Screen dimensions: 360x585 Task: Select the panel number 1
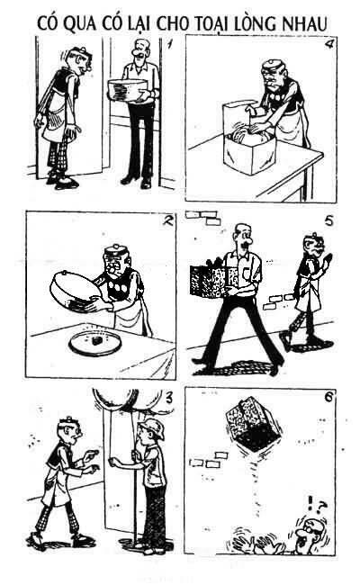tap(170, 44)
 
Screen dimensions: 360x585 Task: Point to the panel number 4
tap(329, 44)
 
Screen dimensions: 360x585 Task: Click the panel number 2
tap(168, 220)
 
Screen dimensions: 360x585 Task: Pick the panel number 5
tap(328, 220)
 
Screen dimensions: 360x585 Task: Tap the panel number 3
tap(169, 399)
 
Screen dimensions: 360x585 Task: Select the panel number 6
tap(328, 397)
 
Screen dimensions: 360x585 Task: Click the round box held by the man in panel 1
tap(127, 89)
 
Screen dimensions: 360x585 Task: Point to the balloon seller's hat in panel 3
tap(153, 427)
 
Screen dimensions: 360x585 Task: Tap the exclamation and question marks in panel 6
tap(317, 507)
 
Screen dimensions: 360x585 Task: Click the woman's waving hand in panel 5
tap(328, 259)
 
